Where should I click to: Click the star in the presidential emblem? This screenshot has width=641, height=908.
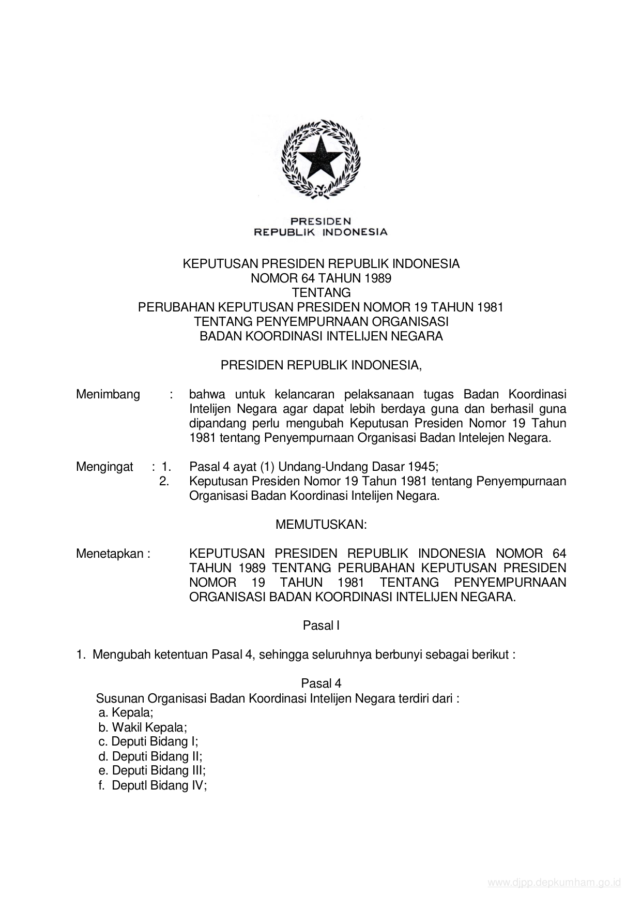point(320,158)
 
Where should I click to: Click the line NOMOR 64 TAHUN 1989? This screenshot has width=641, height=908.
point(320,278)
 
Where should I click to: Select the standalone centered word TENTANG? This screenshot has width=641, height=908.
point(320,293)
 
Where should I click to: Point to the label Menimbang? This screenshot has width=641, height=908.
point(108,394)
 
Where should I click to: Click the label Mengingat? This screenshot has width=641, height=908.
point(104,467)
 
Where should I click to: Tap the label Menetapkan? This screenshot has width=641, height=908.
point(113,554)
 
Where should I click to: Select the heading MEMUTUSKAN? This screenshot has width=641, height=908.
point(320,525)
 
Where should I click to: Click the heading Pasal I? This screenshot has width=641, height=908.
point(320,626)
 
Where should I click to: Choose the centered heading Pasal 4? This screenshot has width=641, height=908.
point(320,683)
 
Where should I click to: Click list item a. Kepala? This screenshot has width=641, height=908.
point(126,712)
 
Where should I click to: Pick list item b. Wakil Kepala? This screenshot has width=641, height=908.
point(143,727)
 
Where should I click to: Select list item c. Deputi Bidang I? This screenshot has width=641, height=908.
point(148,741)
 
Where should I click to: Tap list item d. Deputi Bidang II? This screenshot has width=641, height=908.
point(150,756)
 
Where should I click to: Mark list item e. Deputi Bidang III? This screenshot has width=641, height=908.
point(152,770)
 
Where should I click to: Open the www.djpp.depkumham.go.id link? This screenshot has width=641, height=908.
point(554,883)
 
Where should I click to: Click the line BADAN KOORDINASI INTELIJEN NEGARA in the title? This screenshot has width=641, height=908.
point(320,336)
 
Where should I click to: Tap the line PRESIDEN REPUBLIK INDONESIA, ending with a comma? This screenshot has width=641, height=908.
point(320,365)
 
